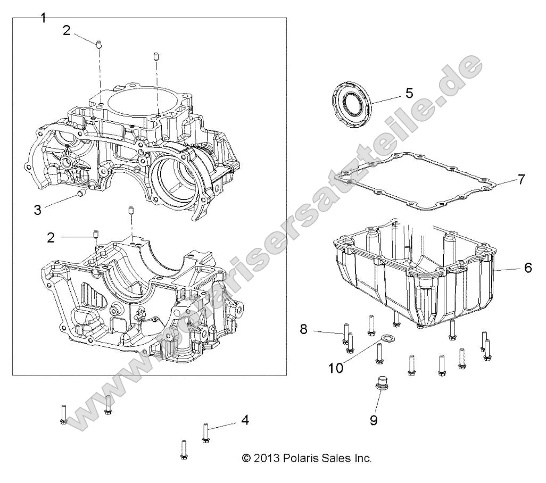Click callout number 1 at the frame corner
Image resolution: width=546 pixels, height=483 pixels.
tap(44, 18)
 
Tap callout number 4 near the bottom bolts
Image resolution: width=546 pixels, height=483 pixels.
tap(245, 420)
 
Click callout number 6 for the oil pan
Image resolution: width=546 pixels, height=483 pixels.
tap(528, 268)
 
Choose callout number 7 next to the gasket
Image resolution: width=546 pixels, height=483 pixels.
tap(522, 179)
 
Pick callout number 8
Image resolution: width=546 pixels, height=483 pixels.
tap(304, 329)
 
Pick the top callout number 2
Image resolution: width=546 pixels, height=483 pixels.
tap(66, 30)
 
